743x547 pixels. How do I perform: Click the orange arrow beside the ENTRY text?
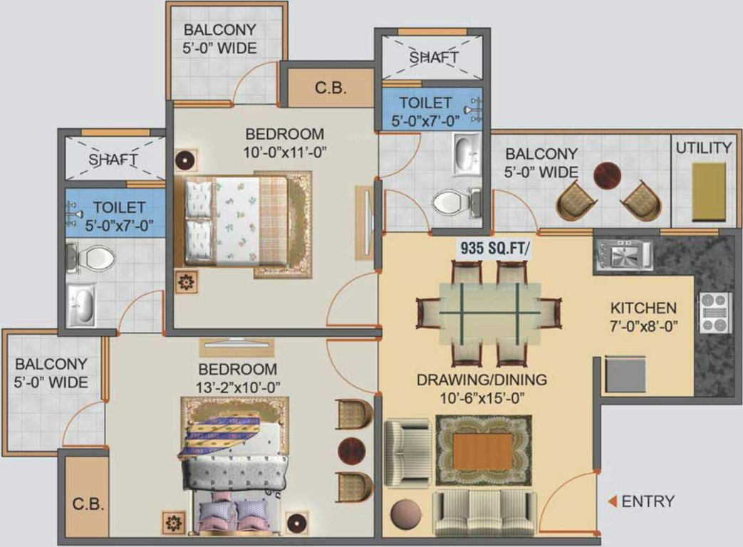[x=612, y=501]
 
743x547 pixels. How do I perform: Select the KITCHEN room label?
[x=643, y=308]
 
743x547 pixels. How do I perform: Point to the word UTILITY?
[x=703, y=148]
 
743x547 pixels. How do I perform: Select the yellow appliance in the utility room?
[x=709, y=192]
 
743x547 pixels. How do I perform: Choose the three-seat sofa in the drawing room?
[x=484, y=514]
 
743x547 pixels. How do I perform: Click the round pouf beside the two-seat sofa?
[x=406, y=514]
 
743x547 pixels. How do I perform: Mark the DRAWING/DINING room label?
[x=482, y=380]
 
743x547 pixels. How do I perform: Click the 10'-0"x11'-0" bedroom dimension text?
[x=284, y=151]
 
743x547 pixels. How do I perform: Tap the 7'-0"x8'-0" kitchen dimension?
[x=643, y=325]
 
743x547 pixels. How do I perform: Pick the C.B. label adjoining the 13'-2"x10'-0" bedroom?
[x=89, y=504]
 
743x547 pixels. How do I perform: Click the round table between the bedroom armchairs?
[x=351, y=450]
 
